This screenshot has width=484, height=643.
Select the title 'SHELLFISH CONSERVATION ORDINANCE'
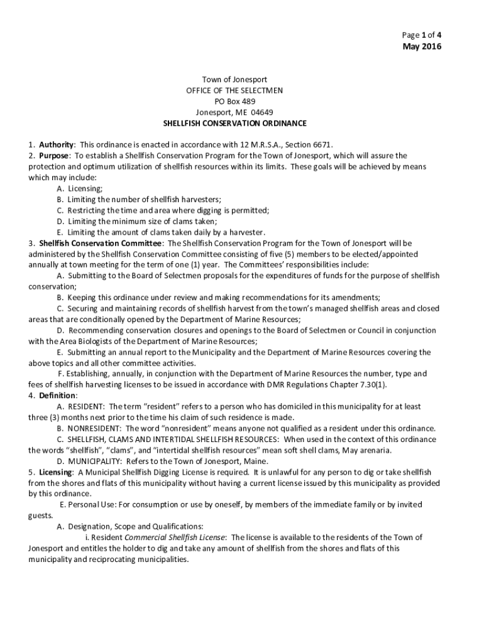234,124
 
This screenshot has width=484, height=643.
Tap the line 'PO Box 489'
234,101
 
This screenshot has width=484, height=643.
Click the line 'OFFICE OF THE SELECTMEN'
234,90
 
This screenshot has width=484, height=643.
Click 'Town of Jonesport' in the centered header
234,79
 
